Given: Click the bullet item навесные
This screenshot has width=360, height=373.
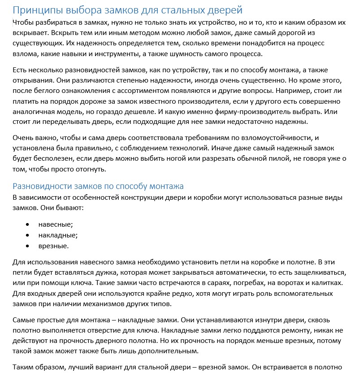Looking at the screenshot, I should click(x=56, y=224).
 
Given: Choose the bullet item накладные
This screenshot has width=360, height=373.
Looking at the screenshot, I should click(x=58, y=235).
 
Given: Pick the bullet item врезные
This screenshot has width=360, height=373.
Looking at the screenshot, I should click(x=54, y=246).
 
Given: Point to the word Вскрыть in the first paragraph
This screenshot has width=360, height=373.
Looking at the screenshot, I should click(x=65, y=33).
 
